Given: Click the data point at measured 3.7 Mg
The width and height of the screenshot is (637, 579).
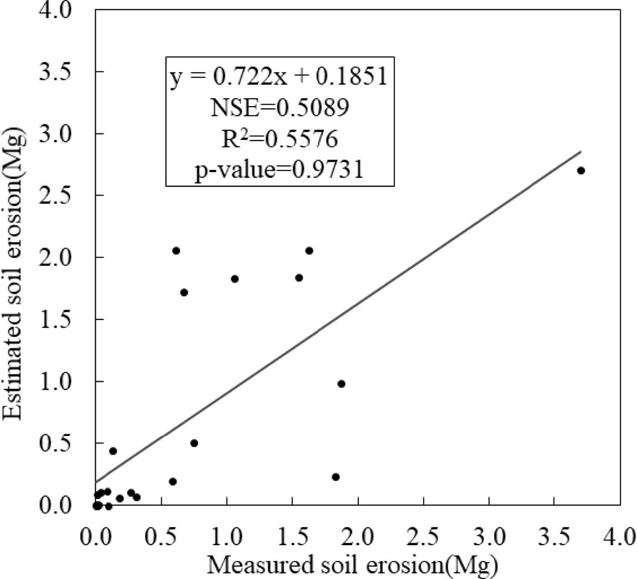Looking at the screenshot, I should tap(581, 171).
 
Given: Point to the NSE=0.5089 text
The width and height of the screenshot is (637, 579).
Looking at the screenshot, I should tap(279, 108).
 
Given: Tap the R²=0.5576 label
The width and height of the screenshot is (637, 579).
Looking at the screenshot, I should tap(279, 138).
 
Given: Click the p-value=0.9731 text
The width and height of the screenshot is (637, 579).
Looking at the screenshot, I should tap(279, 169).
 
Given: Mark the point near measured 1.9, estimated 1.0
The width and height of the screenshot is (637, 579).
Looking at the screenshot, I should tap(341, 384).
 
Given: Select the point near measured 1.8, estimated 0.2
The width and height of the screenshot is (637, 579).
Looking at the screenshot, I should tap(335, 477).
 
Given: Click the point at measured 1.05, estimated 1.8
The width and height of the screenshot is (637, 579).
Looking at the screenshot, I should tap(235, 279).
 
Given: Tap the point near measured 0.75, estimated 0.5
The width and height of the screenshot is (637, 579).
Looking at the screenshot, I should tap(194, 443).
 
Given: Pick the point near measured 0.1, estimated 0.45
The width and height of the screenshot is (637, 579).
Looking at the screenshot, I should tap(113, 451).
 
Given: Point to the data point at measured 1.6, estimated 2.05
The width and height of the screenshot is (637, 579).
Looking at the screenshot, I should tap(309, 251).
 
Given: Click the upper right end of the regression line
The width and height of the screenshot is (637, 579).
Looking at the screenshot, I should tap(580, 151).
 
